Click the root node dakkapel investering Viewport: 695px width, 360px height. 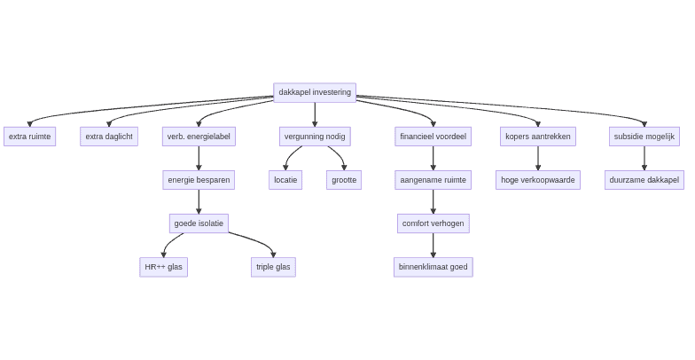(315, 92)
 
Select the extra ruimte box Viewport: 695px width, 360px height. (29, 137)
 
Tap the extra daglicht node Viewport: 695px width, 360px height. (109, 137)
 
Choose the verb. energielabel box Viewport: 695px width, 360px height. (199, 137)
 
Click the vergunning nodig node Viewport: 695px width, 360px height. (315, 137)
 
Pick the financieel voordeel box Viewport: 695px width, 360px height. (433, 137)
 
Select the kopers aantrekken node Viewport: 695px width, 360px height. (537, 137)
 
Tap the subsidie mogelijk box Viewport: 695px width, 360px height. (644, 137)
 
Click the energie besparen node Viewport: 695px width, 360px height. (199, 180)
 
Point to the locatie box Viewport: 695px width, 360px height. (285, 180)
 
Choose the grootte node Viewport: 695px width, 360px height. (344, 180)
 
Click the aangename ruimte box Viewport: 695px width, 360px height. (433, 180)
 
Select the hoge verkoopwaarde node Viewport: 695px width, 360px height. (537, 180)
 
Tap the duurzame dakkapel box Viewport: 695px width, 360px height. (644, 180)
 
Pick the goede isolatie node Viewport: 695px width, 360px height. (199, 223)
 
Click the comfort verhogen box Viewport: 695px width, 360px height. (433, 223)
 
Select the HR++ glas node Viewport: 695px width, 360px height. (163, 267)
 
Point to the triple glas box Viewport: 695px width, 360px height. (273, 267)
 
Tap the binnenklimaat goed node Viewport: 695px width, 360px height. (433, 267)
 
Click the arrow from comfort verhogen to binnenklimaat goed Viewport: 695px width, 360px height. (433, 245)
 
